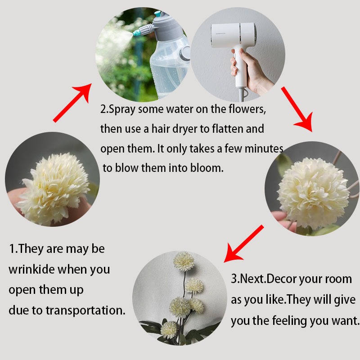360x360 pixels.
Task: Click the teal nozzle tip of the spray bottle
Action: (x=136, y=33)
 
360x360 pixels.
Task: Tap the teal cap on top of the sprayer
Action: (x=158, y=13)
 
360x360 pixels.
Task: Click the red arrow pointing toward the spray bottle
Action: (x=72, y=103)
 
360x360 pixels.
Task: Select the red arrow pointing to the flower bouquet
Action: (x=244, y=244)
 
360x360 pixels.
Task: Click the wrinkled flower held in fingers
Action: (x=54, y=188)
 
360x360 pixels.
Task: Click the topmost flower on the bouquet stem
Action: (x=184, y=261)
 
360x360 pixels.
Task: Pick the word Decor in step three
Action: (x=282, y=279)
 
